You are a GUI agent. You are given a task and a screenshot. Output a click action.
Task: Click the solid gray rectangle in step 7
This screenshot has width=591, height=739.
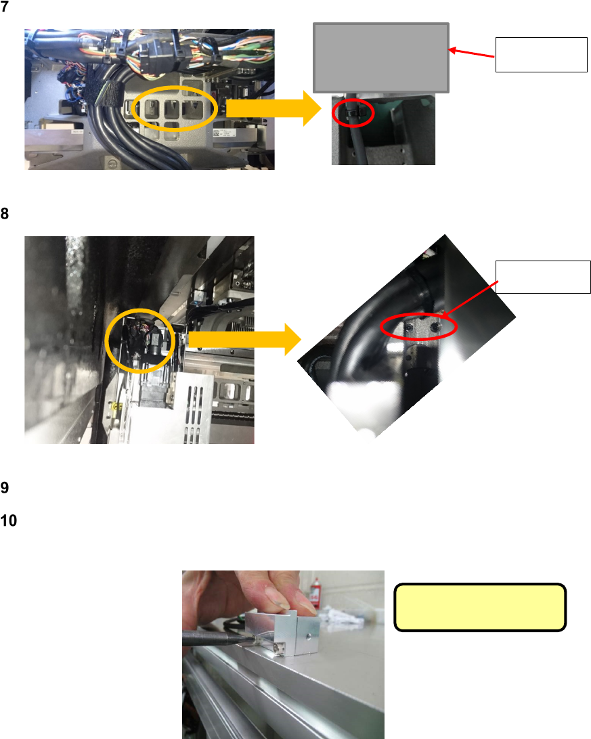click(381, 58)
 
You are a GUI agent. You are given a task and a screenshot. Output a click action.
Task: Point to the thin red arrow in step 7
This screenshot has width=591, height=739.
click(473, 53)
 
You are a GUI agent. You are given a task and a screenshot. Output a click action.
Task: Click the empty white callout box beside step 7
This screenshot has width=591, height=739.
click(542, 55)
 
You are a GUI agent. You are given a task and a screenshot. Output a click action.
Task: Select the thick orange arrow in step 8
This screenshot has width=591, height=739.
click(244, 338)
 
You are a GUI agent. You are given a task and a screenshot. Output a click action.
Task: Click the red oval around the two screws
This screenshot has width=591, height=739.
click(420, 328)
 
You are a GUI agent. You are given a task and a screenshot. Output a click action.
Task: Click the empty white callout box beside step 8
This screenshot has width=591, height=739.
click(543, 276)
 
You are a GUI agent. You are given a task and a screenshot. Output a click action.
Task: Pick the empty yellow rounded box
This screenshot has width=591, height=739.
click(479, 607)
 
